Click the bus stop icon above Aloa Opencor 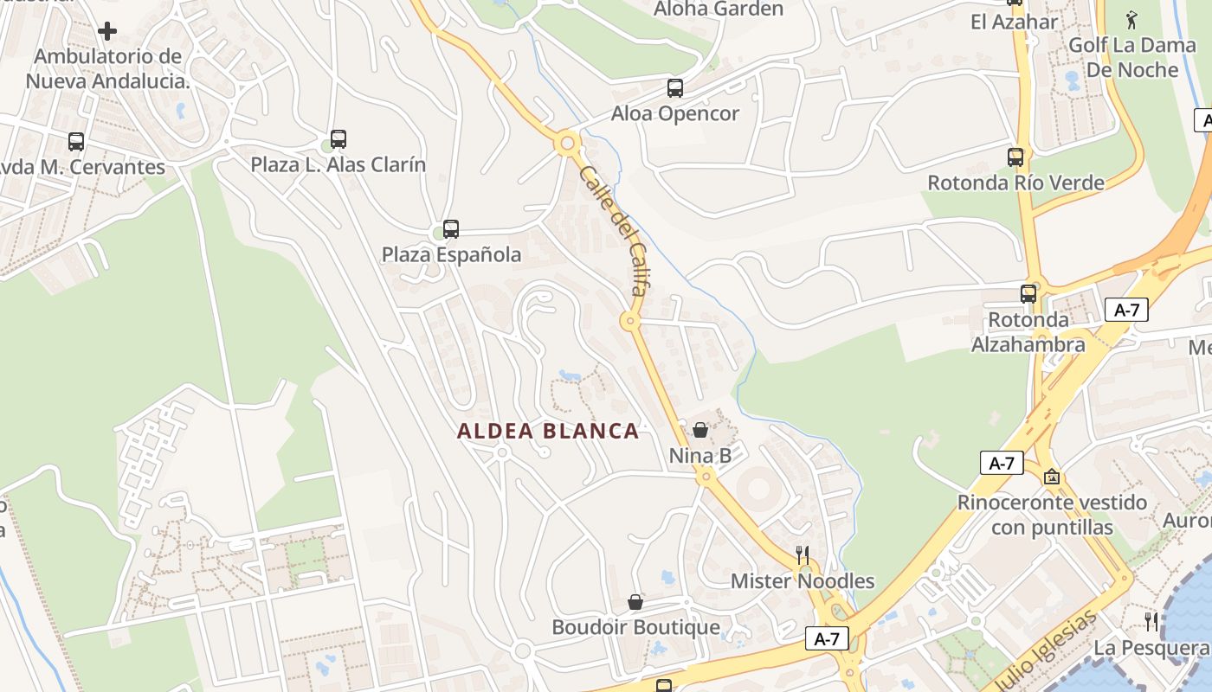pos(674,88)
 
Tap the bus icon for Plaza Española pos(450,229)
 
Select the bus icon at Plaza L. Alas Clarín pos(338,138)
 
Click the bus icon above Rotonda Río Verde pos(1015,157)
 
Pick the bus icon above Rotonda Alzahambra pos(1028,294)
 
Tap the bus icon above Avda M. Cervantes pos(76,142)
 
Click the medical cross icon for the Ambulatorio pos(107,32)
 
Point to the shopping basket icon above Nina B pos(700,430)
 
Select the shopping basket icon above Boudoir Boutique pos(635,602)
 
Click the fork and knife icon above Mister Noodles pos(803,554)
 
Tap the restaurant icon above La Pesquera pos(1151,621)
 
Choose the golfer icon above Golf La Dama pos(1131,19)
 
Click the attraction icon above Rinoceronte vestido pos(1052,477)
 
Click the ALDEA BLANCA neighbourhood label pos(548,431)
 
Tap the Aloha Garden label pos(719,10)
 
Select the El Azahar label pos(1015,22)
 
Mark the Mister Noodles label pos(803,581)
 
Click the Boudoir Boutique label pos(635,627)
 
